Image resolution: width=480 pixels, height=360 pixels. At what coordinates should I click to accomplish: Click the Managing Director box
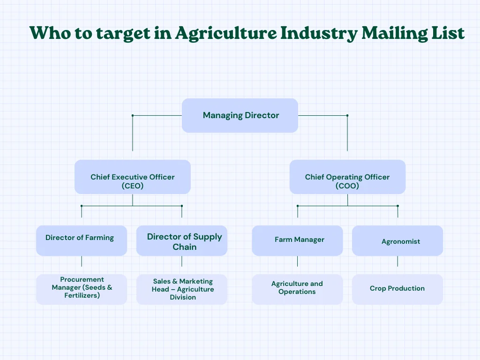coord(240,115)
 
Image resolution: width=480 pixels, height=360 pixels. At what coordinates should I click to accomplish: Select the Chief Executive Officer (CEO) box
coord(132,177)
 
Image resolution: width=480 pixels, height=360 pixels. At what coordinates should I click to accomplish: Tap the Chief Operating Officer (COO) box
coord(347,177)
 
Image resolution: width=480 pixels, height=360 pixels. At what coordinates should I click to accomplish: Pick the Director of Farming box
coord(82,240)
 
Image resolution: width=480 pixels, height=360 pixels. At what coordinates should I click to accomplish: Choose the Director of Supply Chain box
coord(182,240)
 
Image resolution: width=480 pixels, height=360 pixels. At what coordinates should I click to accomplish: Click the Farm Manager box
coord(297,240)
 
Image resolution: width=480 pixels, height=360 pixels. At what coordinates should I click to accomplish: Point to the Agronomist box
coord(397,240)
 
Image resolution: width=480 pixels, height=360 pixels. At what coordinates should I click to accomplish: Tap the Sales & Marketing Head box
coord(182,289)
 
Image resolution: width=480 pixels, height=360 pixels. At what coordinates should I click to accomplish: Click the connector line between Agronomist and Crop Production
coord(397,261)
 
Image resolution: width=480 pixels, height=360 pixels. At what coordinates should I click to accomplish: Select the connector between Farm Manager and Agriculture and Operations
coord(297,261)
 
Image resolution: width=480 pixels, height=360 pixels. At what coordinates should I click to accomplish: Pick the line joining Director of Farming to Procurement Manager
coord(82,261)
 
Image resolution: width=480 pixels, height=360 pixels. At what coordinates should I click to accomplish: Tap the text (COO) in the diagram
coord(347,186)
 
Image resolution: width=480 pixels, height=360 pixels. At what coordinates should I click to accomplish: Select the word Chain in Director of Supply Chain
coord(185,247)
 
